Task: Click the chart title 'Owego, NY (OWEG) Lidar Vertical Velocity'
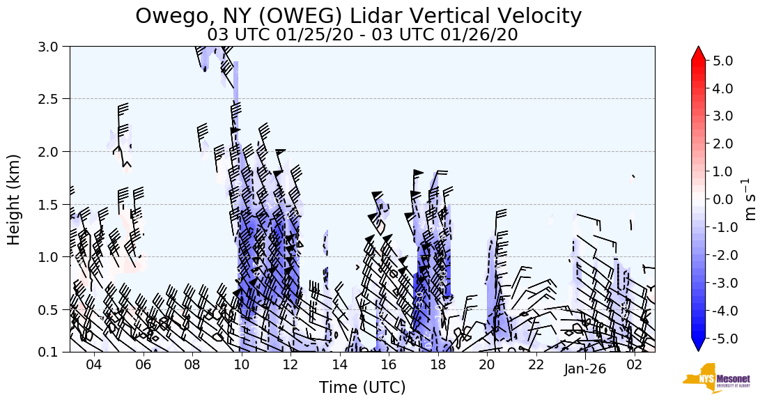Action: click(x=358, y=15)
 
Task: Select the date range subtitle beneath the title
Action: click(x=362, y=34)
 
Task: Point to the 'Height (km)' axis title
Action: click(x=14, y=199)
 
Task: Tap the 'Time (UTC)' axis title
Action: click(x=362, y=387)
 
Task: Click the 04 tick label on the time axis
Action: click(x=94, y=365)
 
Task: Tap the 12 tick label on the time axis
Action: click(x=290, y=365)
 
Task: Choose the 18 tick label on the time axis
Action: click(x=437, y=365)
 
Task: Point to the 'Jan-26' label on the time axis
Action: click(x=585, y=369)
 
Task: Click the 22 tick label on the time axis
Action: click(x=536, y=365)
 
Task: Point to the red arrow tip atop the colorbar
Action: click(x=698, y=52)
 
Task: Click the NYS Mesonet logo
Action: click(x=715, y=378)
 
